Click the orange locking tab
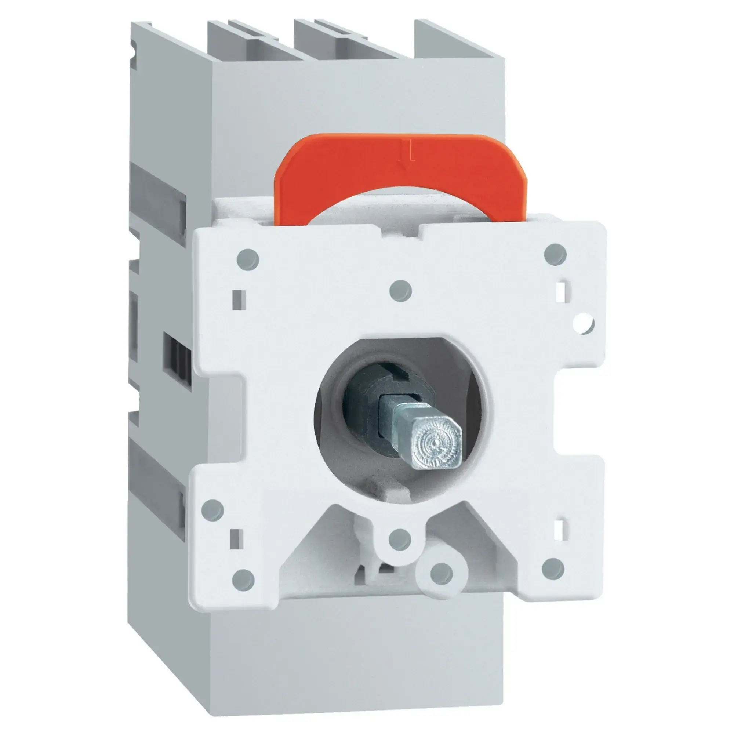pyautogui.click(x=399, y=171)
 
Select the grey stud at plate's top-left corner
pyautogui.click(x=247, y=259)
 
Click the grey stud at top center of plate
pyautogui.click(x=401, y=291)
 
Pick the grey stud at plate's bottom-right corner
pyautogui.click(x=553, y=569)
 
